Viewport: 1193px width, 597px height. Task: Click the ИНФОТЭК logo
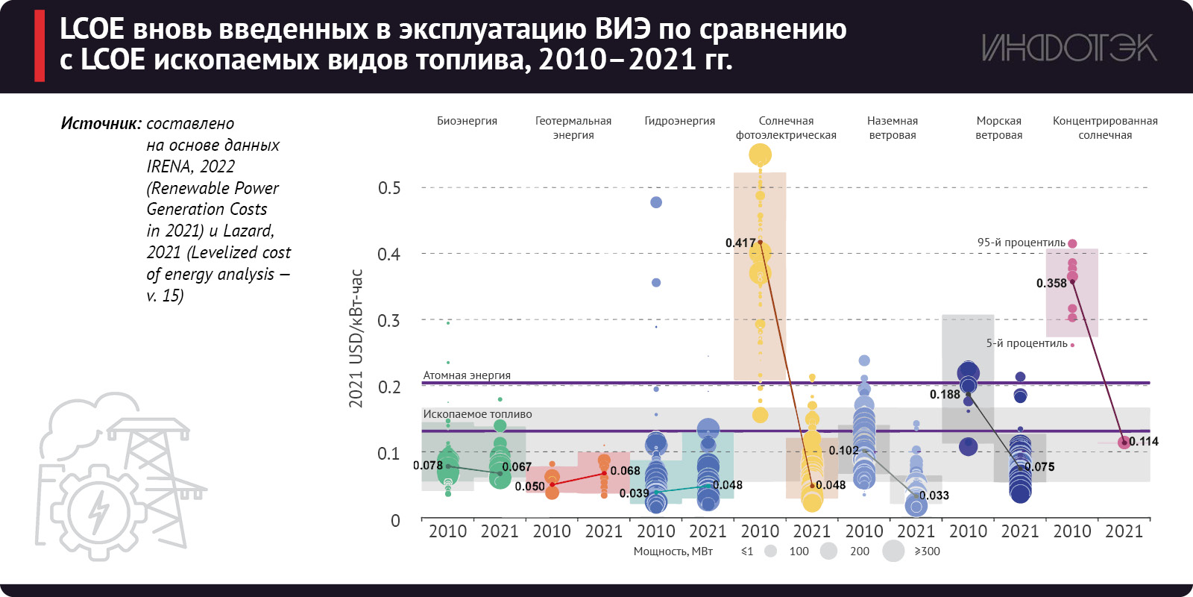[1068, 48]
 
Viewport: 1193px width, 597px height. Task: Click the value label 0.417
[740, 243]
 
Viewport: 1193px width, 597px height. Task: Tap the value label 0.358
[1051, 284]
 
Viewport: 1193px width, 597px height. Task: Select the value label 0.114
[1144, 442]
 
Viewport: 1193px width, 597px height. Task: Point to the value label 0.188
[945, 395]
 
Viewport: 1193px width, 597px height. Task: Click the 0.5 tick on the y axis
[389, 188]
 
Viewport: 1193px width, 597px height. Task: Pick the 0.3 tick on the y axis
[389, 321]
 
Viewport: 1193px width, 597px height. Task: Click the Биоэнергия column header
[467, 121]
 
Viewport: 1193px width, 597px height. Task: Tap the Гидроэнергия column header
[679, 121]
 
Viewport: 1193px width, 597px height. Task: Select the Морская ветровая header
[998, 128]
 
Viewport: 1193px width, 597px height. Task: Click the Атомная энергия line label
[467, 375]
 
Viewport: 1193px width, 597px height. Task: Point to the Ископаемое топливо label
[477, 414]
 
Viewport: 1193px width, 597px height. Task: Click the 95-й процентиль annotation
[1021, 243]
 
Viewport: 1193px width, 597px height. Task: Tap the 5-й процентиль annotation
[1027, 343]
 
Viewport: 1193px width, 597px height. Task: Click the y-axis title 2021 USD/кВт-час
[356, 338]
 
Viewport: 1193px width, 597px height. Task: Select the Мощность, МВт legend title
[673, 551]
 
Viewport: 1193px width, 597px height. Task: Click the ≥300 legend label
[927, 551]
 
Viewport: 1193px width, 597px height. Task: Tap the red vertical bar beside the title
[40, 46]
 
